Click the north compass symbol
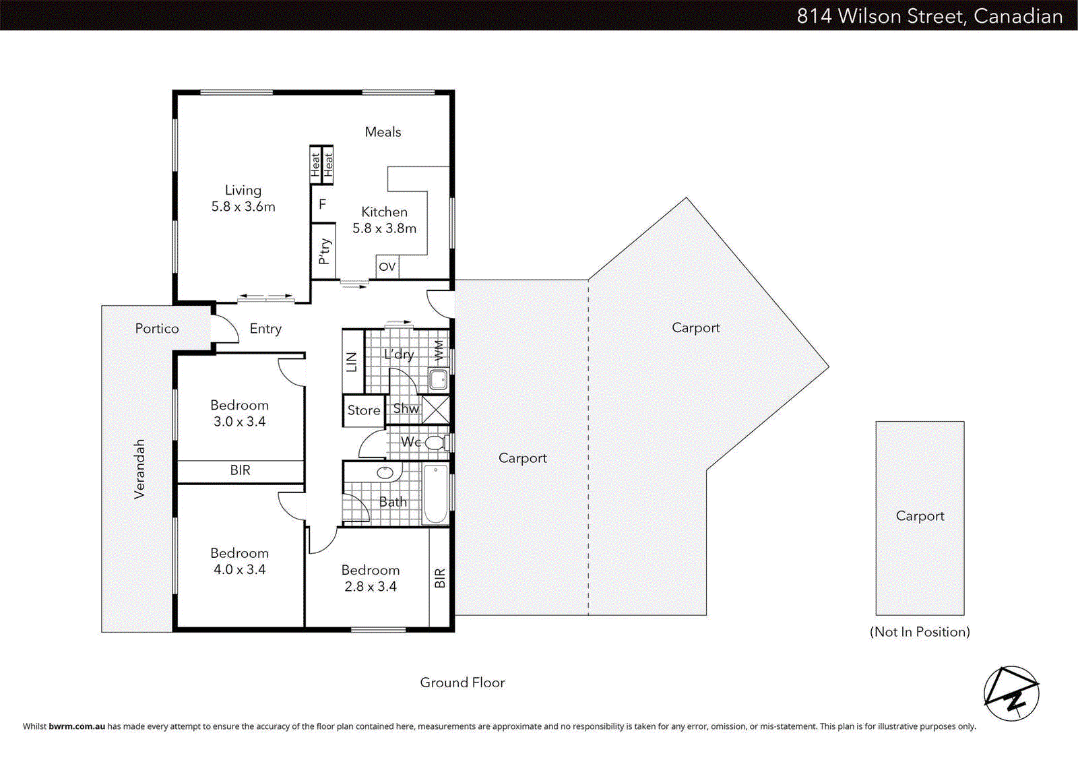[x=1011, y=693]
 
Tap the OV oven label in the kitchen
[x=387, y=267]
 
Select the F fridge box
[x=323, y=204]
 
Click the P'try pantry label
[x=324, y=251]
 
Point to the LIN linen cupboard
[x=352, y=362]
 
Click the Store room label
[x=363, y=410]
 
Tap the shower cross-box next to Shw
[x=436, y=410]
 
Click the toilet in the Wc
[x=435, y=443]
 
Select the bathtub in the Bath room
[x=435, y=494]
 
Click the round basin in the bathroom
[x=385, y=472]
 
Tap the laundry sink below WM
[x=439, y=379]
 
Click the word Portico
[x=157, y=329]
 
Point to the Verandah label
[x=139, y=469]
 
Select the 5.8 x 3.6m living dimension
[x=243, y=207]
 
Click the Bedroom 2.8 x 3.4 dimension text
[x=370, y=587]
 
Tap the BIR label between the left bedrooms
[x=240, y=470]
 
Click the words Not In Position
[x=920, y=632]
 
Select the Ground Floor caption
[x=462, y=682]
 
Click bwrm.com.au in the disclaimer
[x=77, y=726]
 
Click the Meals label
[x=383, y=132]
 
